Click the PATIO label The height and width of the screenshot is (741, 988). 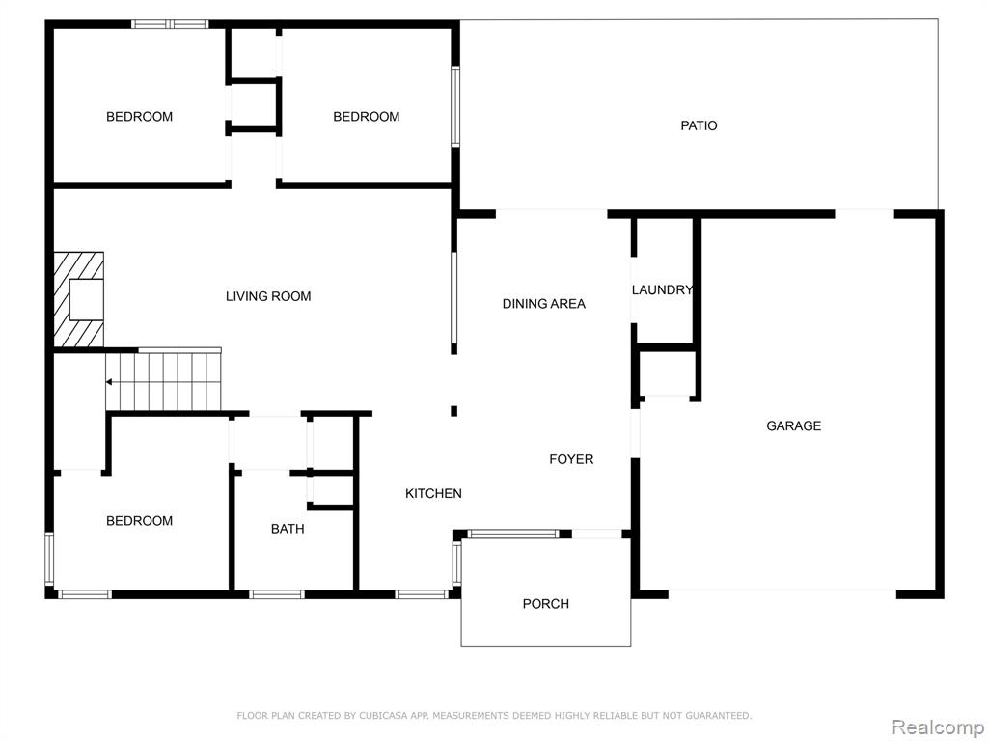699,126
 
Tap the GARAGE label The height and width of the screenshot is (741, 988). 793,425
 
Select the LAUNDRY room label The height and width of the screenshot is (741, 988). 662,289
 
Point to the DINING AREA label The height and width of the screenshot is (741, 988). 544,304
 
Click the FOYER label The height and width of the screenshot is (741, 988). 571,459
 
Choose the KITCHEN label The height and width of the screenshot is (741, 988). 433,493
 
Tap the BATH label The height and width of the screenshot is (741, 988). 288,529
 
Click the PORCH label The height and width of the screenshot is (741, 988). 546,604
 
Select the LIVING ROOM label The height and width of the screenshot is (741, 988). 268,296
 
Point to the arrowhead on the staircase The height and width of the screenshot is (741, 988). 109,382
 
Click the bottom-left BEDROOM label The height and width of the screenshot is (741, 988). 139,520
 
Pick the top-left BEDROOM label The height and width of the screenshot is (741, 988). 139,117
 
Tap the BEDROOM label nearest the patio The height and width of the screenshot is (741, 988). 366,117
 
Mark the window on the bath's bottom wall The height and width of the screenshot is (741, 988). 276,594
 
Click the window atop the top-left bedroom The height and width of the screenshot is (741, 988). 170,24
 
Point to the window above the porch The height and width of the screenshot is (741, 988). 513,535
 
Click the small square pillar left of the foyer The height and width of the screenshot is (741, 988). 453,411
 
